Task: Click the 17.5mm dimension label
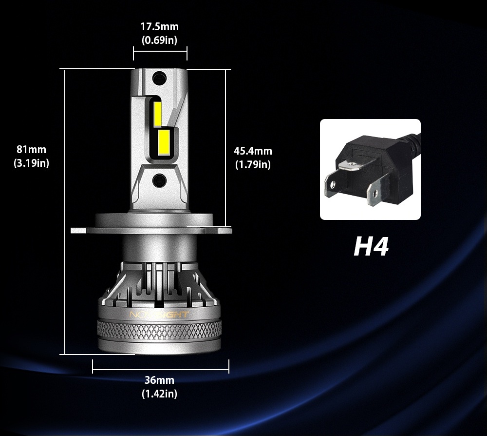[x=160, y=27]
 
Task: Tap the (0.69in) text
[x=160, y=40]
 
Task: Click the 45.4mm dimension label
[x=253, y=151]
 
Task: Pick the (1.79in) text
[x=253, y=165]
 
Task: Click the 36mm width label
[x=159, y=380]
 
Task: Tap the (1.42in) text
[x=159, y=394]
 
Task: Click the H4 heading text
[x=371, y=246]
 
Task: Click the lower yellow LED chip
[x=163, y=144]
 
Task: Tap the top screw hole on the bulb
[x=158, y=77]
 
